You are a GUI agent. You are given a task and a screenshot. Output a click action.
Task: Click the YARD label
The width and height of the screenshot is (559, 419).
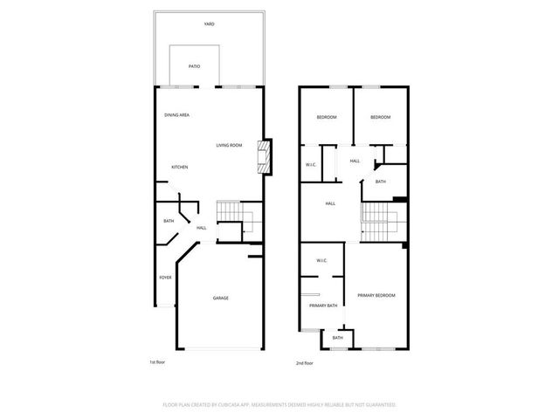coord(209,24)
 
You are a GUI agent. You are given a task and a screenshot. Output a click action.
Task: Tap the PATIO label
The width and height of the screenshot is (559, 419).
coord(197,66)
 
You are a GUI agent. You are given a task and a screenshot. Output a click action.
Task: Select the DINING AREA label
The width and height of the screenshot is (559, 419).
coord(177,115)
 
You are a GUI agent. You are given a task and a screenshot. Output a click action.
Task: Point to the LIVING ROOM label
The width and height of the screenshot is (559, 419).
coord(230,145)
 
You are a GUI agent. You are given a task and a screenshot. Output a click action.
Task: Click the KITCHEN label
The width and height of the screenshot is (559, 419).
coord(179,168)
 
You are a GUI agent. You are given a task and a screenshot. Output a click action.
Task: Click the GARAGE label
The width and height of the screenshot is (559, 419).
coord(221,299)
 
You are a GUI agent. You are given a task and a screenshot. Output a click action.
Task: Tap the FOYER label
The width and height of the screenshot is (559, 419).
coord(165,278)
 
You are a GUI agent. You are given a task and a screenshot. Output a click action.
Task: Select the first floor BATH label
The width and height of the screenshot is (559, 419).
coord(169,221)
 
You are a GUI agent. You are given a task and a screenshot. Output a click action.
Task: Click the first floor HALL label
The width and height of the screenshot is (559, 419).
coord(201,229)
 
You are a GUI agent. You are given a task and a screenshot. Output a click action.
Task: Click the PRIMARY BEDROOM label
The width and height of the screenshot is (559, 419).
coord(376,296)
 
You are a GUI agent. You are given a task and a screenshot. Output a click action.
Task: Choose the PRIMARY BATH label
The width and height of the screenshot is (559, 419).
coord(323,306)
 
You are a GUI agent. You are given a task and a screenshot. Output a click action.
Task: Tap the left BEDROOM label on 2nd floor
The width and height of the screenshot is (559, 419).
coord(327,118)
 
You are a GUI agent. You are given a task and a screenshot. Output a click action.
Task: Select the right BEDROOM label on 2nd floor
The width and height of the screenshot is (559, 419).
coord(380,118)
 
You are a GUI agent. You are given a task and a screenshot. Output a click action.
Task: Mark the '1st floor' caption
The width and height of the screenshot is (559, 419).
coord(157,361)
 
